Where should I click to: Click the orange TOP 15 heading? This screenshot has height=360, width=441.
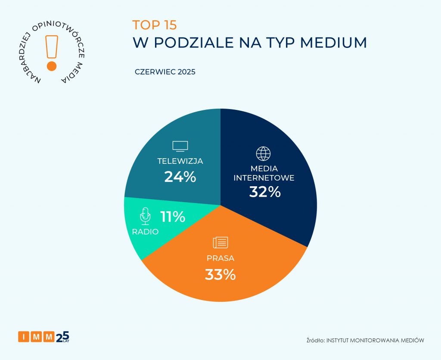pyautogui.click(x=154, y=25)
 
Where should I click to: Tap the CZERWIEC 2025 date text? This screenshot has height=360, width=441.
pyautogui.click(x=165, y=72)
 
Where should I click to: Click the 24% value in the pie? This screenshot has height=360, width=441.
pyautogui.click(x=180, y=176)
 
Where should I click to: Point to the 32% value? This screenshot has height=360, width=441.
pyautogui.click(x=265, y=191)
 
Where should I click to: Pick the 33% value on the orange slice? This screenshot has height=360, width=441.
pyautogui.click(x=220, y=274)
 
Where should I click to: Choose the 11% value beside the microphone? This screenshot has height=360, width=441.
pyautogui.click(x=173, y=216)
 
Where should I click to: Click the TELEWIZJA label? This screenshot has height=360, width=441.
pyautogui.click(x=180, y=161)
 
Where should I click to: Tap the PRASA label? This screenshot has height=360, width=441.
pyautogui.click(x=220, y=259)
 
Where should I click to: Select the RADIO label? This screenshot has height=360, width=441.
pyautogui.click(x=145, y=232)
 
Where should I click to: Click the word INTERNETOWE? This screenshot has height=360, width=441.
pyautogui.click(x=264, y=178)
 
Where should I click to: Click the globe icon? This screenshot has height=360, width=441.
pyautogui.click(x=263, y=153)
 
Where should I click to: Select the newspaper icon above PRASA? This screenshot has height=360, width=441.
pyautogui.click(x=220, y=242)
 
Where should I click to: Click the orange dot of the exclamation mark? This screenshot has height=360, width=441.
pyautogui.click(x=52, y=66)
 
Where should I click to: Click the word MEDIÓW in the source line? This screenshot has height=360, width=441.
pyautogui.click(x=411, y=341)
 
